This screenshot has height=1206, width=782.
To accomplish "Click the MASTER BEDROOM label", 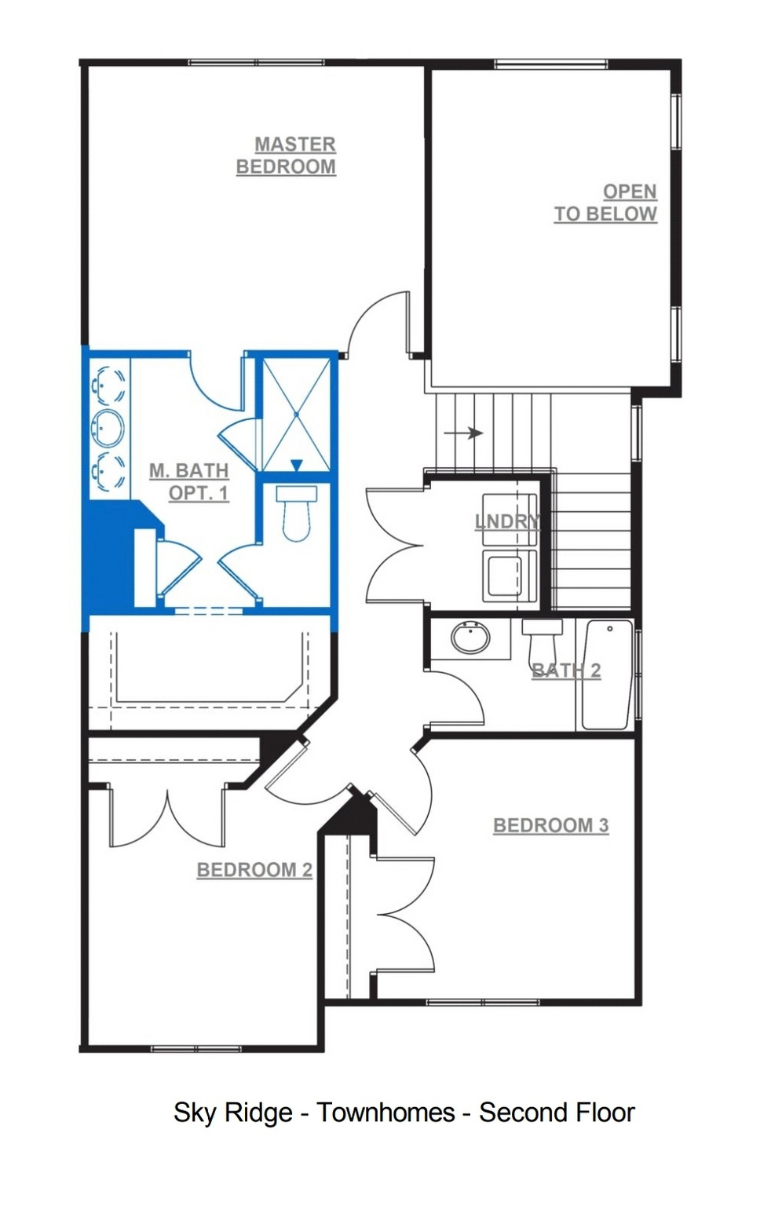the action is pyautogui.click(x=286, y=155).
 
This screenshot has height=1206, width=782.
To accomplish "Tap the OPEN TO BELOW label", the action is pyautogui.click(x=606, y=203).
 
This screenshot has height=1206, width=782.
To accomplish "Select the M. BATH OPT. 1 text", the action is pyautogui.click(x=189, y=482).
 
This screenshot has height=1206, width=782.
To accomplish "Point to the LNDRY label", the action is pyautogui.click(x=507, y=521).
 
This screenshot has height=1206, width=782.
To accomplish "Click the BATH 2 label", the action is pyautogui.click(x=566, y=671).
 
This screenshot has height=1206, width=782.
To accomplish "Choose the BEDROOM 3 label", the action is pyautogui.click(x=551, y=825).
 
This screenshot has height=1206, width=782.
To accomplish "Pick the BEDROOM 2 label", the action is pyautogui.click(x=254, y=870).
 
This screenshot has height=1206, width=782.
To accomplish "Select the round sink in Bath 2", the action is pyautogui.click(x=471, y=638).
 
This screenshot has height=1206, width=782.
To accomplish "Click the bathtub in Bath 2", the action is pyautogui.click(x=607, y=674).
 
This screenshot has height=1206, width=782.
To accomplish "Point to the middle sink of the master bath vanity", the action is pyautogui.click(x=108, y=428).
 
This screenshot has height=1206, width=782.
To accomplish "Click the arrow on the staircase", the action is pyautogui.click(x=463, y=433).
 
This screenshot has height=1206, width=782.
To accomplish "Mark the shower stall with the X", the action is pyautogui.click(x=296, y=415).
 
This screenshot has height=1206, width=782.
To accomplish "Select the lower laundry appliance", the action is pyautogui.click(x=510, y=575).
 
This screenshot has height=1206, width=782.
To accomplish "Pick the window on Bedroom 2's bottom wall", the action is pyautogui.click(x=195, y=1047).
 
